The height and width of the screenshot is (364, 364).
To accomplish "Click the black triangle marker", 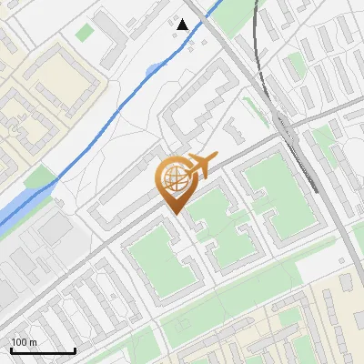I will click(183, 25).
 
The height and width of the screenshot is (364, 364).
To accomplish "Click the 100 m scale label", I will click(25, 342).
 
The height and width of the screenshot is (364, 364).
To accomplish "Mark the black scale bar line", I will click(43, 350).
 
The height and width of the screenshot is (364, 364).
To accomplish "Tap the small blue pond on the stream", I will click(152, 69).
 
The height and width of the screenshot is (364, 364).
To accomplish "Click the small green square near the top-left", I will click(85, 32).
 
